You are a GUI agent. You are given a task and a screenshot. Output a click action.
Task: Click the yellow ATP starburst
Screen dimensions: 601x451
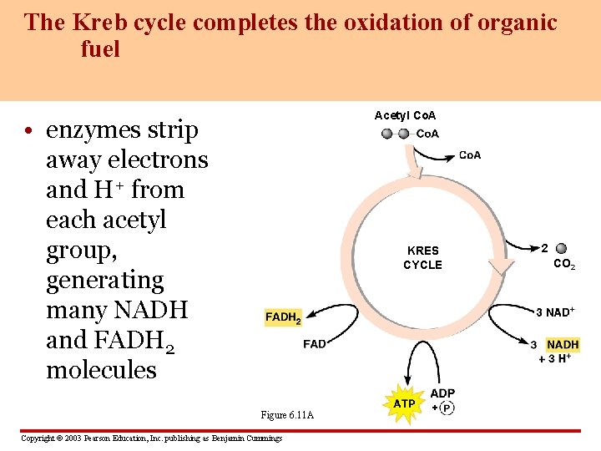click(404, 404)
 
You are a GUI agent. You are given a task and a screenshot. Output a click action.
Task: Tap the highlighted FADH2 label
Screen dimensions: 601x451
click(283, 317)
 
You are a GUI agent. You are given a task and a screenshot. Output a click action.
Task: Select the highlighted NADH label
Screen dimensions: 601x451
click(563, 344)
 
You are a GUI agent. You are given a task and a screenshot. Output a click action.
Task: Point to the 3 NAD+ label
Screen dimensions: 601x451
click(555, 312)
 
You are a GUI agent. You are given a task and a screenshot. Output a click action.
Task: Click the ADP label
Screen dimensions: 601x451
click(442, 393)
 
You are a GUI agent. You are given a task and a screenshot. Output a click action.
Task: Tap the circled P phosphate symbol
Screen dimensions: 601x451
click(447, 408)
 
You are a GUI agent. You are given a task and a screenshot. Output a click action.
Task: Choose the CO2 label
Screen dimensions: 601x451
click(564, 265)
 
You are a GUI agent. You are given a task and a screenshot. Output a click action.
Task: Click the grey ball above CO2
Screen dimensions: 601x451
click(561, 248)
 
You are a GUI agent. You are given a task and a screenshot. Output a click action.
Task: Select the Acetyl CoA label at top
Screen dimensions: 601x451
click(406, 115)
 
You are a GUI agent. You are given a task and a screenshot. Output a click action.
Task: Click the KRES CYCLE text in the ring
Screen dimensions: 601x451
click(422, 257)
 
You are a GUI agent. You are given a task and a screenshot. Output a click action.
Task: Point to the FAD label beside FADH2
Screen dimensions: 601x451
click(315, 344)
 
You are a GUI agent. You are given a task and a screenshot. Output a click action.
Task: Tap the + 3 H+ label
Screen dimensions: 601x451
click(554, 358)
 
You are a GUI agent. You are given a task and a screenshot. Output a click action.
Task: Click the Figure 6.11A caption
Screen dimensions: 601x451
click(287, 415)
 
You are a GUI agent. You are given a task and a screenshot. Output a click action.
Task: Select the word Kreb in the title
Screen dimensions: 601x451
click(95, 22)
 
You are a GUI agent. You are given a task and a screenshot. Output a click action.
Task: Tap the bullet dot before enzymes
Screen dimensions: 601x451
click(28, 131)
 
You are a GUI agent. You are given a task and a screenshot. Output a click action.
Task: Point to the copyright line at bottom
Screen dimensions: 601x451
click(151, 438)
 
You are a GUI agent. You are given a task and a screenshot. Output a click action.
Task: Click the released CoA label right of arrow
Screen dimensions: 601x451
click(470, 155)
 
